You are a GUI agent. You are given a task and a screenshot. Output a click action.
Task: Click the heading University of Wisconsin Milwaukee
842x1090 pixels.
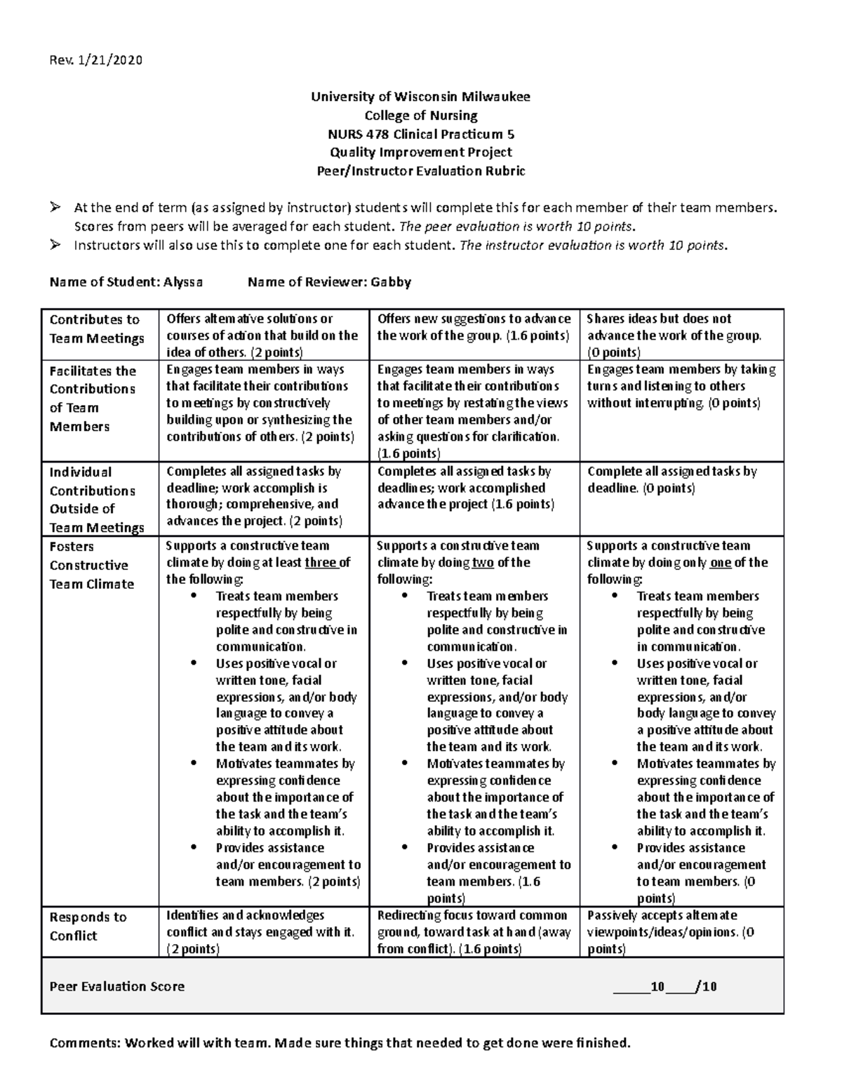point(421,97)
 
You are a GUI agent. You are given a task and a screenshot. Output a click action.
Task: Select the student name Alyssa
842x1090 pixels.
point(183,282)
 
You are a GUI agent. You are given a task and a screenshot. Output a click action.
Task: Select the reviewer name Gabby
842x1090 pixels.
point(391,282)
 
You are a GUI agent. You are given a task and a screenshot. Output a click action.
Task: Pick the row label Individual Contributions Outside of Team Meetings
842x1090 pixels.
point(97,500)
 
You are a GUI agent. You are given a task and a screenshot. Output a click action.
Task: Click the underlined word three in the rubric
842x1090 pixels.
point(321,563)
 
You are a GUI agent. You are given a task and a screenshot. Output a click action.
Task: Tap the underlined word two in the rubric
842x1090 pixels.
point(483,563)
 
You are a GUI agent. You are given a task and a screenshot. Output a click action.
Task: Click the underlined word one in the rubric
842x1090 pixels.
point(721,563)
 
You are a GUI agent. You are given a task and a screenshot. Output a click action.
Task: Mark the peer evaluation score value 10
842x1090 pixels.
point(657,987)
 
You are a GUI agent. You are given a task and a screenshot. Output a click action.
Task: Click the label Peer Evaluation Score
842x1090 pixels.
point(117,987)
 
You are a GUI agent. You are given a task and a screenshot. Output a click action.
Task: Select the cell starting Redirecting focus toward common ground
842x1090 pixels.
point(474,932)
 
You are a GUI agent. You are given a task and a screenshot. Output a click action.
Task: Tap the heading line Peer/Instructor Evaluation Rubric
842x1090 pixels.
point(421,171)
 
